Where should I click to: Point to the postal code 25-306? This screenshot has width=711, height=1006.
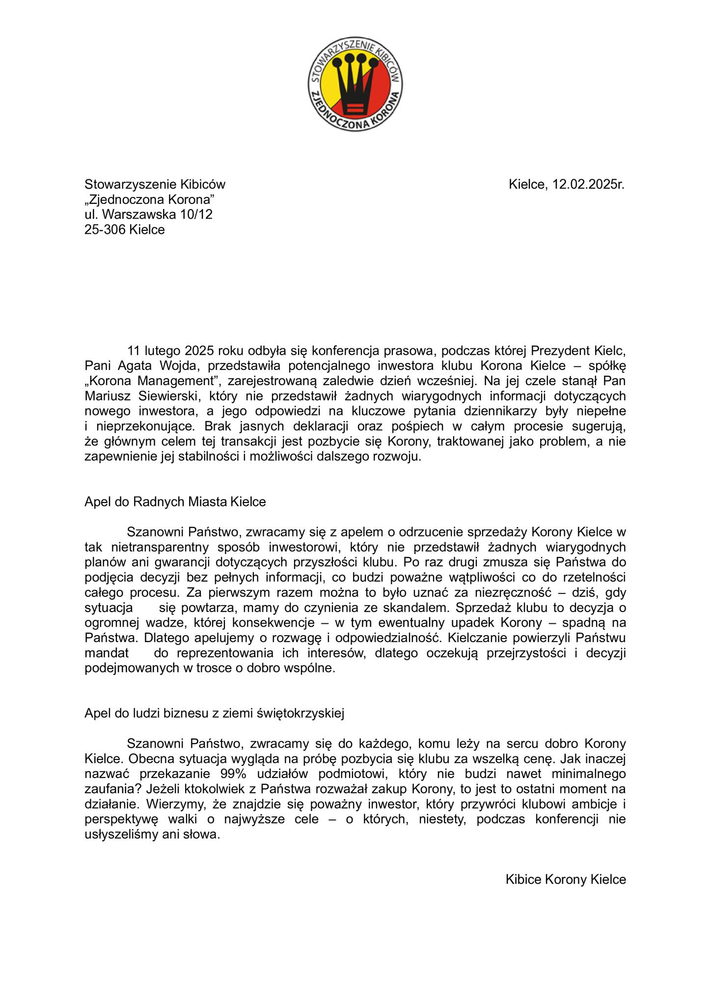105,229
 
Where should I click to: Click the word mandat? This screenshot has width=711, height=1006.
107,653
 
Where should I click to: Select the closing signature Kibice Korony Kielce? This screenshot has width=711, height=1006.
566,879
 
